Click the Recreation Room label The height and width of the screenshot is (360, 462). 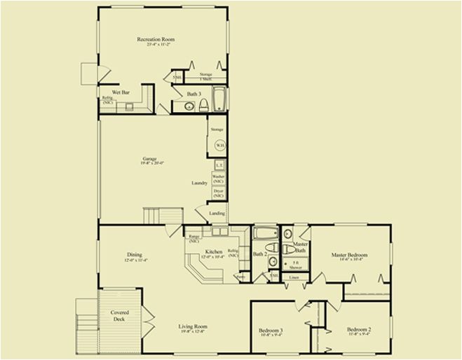156,40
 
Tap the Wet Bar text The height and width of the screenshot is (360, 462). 121,92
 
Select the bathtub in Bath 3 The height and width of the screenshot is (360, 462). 218,99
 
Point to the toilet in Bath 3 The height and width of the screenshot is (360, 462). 203,106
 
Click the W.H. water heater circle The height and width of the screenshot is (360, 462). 219,145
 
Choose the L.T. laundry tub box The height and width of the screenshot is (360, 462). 219,165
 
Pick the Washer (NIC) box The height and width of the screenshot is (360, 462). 218,179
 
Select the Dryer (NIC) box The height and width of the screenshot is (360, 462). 218,193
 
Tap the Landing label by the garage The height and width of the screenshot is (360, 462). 217,213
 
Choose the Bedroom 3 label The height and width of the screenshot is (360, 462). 271,330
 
